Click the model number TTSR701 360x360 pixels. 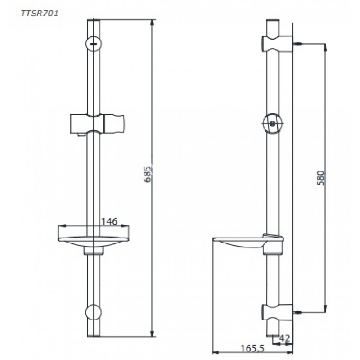pos(40,13)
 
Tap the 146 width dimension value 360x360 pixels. pos(109,221)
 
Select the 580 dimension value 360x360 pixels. pos(320,178)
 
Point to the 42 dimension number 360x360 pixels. pos(285,338)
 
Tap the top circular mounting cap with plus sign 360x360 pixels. pos(94,43)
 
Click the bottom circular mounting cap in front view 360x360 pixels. pos(94,312)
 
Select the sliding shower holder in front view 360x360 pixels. pos(97,123)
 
